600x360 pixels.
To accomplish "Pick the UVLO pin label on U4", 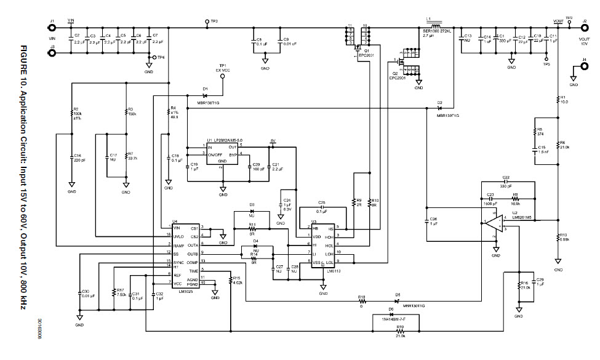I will click(x=180, y=235).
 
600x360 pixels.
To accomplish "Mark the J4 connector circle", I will click(x=582, y=67).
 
